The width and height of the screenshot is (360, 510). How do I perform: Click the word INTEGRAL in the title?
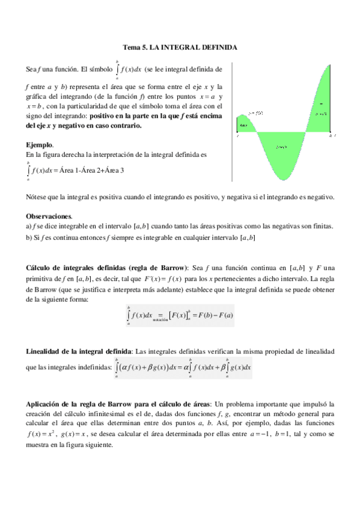pos(180,46)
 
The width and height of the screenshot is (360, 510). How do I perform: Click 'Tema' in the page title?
pos(132,46)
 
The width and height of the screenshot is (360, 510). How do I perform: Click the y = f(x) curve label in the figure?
pos(255,112)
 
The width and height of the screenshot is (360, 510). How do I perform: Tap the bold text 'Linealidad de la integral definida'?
pos(79,351)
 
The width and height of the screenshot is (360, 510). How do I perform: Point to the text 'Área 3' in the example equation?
pos(114,170)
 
